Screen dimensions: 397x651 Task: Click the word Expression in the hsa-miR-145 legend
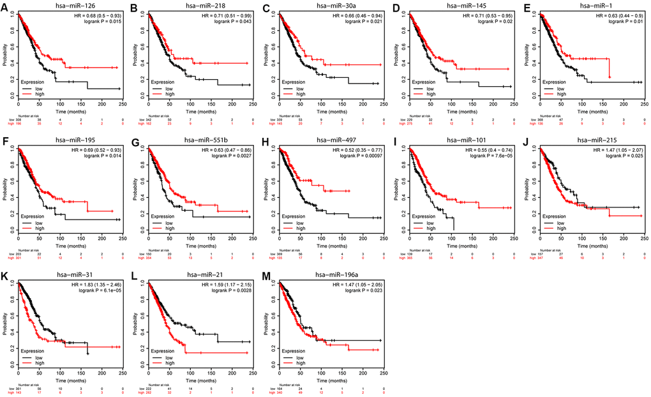(424, 82)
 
